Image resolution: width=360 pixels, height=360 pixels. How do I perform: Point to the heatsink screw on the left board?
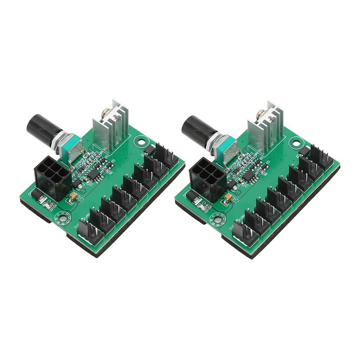click(x=104, y=114)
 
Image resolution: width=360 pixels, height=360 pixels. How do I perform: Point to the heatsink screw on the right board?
click(x=259, y=114)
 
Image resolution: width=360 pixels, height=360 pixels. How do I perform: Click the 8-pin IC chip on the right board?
click(x=248, y=175)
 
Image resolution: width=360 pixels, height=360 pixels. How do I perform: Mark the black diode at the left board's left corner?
click(x=36, y=194)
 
